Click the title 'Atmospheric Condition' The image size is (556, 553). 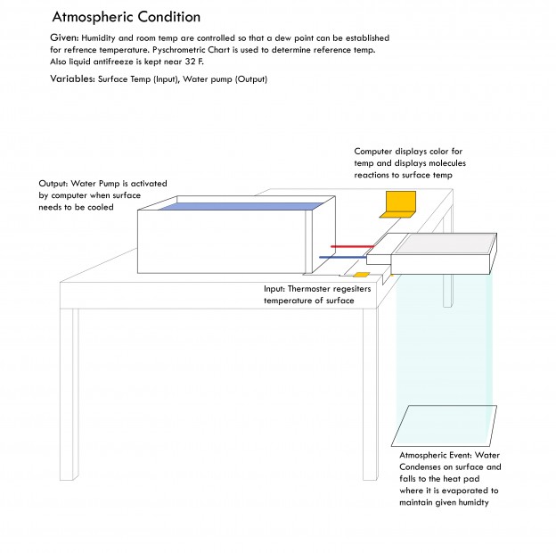(x=126, y=17)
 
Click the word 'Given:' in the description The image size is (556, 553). (x=65, y=38)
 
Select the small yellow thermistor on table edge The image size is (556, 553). (x=362, y=275)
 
